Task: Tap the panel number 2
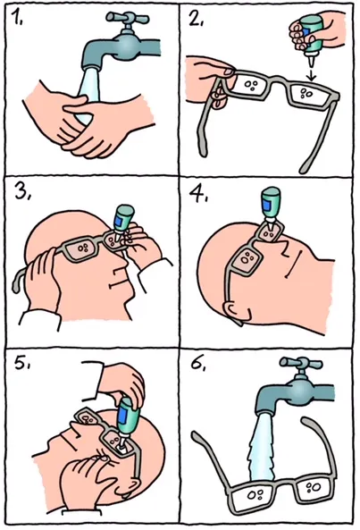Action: [195, 20]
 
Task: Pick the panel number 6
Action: [197, 364]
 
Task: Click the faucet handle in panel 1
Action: [127, 18]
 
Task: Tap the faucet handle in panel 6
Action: [300, 364]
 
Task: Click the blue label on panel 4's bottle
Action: [269, 206]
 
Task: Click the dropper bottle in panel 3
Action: [121, 224]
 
